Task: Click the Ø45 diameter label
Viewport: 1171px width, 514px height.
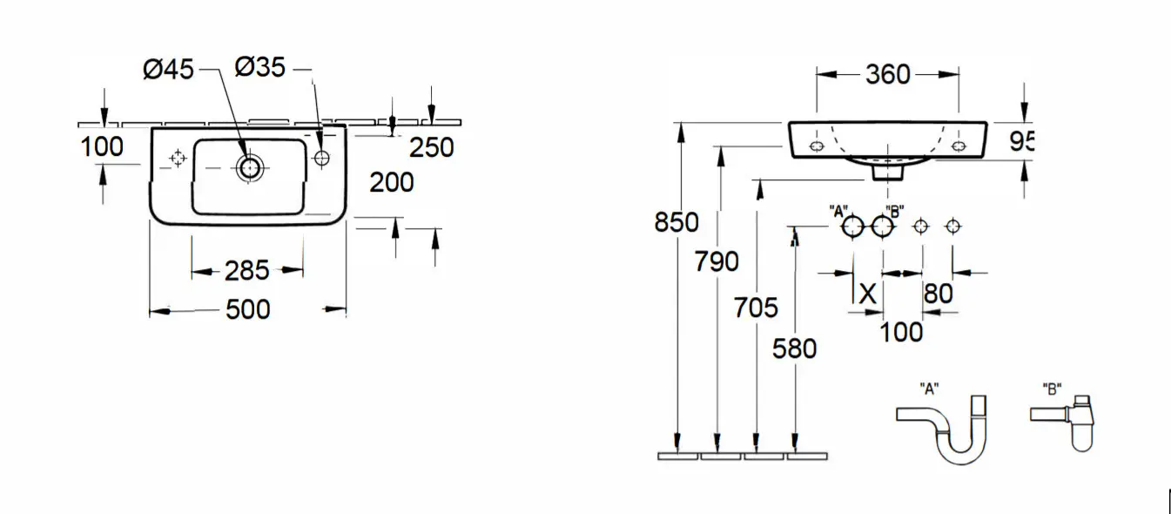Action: (168, 70)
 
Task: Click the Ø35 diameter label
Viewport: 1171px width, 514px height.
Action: (259, 67)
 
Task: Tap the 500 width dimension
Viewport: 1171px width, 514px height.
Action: (248, 309)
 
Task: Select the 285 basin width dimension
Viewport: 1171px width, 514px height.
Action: (246, 271)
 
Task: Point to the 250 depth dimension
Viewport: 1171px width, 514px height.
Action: (431, 148)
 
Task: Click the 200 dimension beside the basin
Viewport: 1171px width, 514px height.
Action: (392, 182)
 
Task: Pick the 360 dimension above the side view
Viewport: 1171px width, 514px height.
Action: (888, 75)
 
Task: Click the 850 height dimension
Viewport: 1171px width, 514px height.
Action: (676, 223)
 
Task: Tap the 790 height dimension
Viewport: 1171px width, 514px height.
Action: (717, 261)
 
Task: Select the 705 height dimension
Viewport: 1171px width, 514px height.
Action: (756, 308)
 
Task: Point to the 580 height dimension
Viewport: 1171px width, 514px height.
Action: (795, 348)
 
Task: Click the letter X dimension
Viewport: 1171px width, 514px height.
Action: (868, 294)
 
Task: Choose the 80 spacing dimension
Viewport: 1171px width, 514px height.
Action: (939, 294)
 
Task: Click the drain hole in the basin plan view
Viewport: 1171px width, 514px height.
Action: (249, 168)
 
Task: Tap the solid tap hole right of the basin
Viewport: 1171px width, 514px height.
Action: (322, 158)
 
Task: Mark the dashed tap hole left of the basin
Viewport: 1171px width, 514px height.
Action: (178, 158)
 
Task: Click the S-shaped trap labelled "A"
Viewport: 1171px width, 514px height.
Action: (942, 429)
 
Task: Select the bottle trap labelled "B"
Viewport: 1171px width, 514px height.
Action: (1063, 423)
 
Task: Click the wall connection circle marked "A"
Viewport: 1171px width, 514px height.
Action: (852, 227)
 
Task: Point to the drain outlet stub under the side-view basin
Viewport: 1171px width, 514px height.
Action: (888, 172)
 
